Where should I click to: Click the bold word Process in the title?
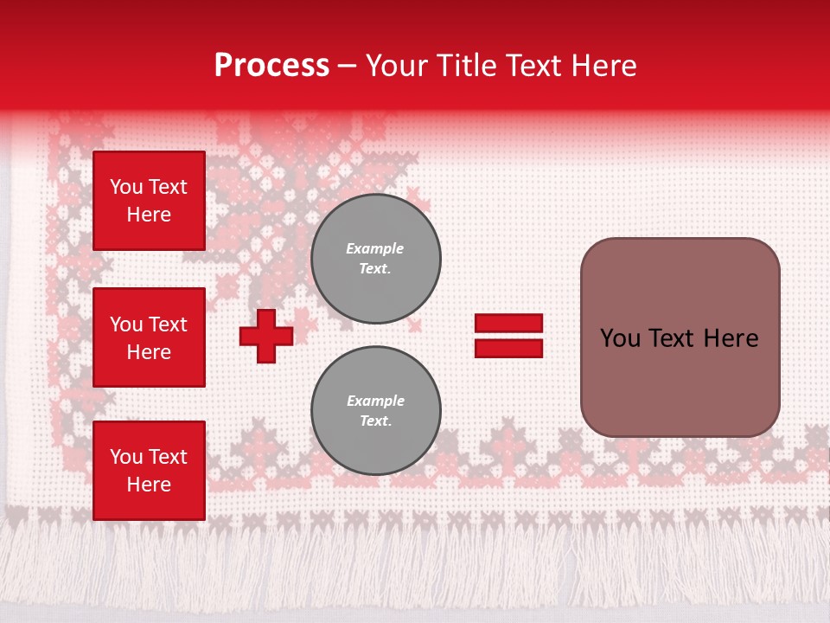pos(271,66)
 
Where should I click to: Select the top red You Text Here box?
pos(149,201)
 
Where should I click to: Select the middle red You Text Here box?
pos(149,337)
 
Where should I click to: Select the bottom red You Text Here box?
pos(149,471)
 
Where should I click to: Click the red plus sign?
pos(266,336)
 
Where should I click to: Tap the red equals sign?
pos(508,336)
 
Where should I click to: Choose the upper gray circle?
pos(376,259)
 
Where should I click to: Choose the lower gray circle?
pos(376,411)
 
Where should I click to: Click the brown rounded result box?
pos(680,337)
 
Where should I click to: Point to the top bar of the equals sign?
pos(508,324)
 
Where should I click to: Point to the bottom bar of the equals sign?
pos(508,348)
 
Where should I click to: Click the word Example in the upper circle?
pos(375,248)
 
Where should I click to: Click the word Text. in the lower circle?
pos(375,421)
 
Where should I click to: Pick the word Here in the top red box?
pos(149,215)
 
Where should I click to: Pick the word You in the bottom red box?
pos(126,457)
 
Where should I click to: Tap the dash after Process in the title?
pos(348,67)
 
